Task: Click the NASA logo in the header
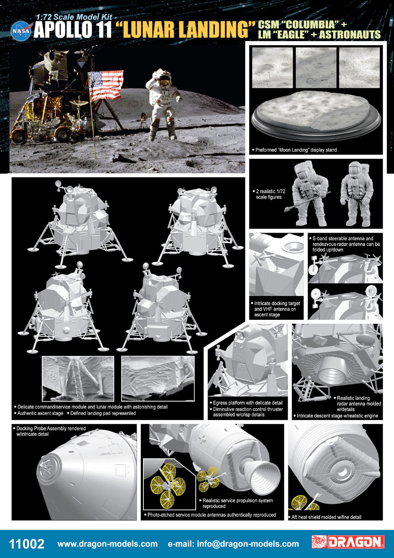pyautogui.click(x=21, y=31)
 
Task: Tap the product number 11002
pyautogui.click(x=26, y=544)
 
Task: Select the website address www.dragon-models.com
pyautogui.click(x=107, y=544)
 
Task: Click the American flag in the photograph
pyautogui.click(x=106, y=85)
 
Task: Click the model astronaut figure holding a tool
pyautogui.click(x=308, y=193)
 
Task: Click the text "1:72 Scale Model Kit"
pyautogui.click(x=74, y=17)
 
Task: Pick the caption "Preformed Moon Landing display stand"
pyautogui.click(x=294, y=150)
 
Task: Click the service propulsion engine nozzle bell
pyautogui.click(x=263, y=475)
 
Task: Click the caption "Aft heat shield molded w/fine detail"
pyautogui.click(x=325, y=517)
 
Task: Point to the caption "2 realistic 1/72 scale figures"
pyautogui.click(x=269, y=194)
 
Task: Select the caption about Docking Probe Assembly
pyautogui.click(x=49, y=431)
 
